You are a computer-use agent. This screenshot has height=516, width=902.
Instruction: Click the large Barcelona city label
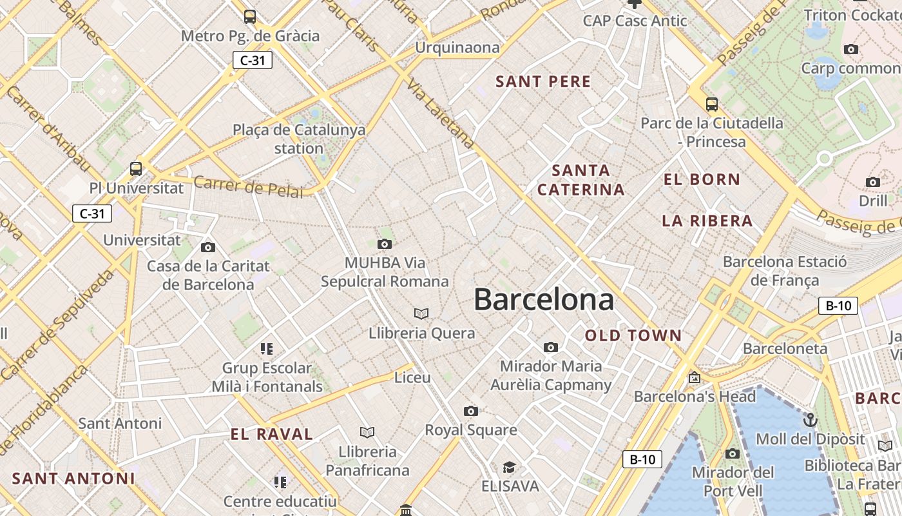pyautogui.click(x=544, y=300)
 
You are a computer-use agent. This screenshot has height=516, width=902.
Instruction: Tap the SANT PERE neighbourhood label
pyautogui.click(x=543, y=82)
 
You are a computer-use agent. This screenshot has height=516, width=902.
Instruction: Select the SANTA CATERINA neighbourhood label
pyautogui.click(x=581, y=180)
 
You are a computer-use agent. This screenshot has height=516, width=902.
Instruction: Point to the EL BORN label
pyautogui.click(x=702, y=180)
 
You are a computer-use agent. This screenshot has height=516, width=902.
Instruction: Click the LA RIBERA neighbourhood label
pyautogui.click(x=707, y=221)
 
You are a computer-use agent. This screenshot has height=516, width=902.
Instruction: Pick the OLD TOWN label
pyautogui.click(x=633, y=335)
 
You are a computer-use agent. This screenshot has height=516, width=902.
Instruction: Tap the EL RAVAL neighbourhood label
pyautogui.click(x=272, y=434)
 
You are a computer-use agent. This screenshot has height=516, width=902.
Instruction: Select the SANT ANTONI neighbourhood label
pyautogui.click(x=73, y=479)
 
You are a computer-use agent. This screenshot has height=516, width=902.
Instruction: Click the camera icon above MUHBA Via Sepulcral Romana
pyautogui.click(x=385, y=244)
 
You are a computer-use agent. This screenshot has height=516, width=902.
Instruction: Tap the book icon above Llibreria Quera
pyautogui.click(x=421, y=313)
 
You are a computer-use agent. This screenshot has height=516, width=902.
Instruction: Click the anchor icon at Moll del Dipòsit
pyautogui.click(x=810, y=421)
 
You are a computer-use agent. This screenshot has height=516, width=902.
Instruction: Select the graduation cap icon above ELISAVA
pyautogui.click(x=510, y=467)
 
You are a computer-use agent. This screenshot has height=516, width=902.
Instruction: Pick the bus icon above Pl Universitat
pyautogui.click(x=136, y=169)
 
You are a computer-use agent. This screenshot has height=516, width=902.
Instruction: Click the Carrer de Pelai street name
pyautogui.click(x=248, y=186)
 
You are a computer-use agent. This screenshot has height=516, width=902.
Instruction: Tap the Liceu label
pyautogui.click(x=412, y=377)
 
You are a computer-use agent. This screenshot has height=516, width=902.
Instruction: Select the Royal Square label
pyautogui.click(x=471, y=430)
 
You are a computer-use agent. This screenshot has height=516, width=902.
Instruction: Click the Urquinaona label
pyautogui.click(x=457, y=48)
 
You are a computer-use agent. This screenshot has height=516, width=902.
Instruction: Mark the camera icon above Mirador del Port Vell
pyautogui.click(x=733, y=453)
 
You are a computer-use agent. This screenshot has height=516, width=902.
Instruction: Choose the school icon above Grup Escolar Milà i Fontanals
pyautogui.click(x=267, y=349)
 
